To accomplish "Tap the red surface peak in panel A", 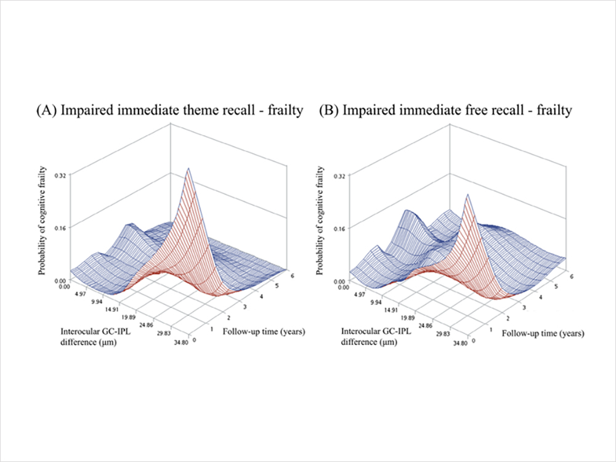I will point(188,169).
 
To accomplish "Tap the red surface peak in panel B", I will point(469,195).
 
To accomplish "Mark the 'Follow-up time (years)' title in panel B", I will point(543,333).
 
